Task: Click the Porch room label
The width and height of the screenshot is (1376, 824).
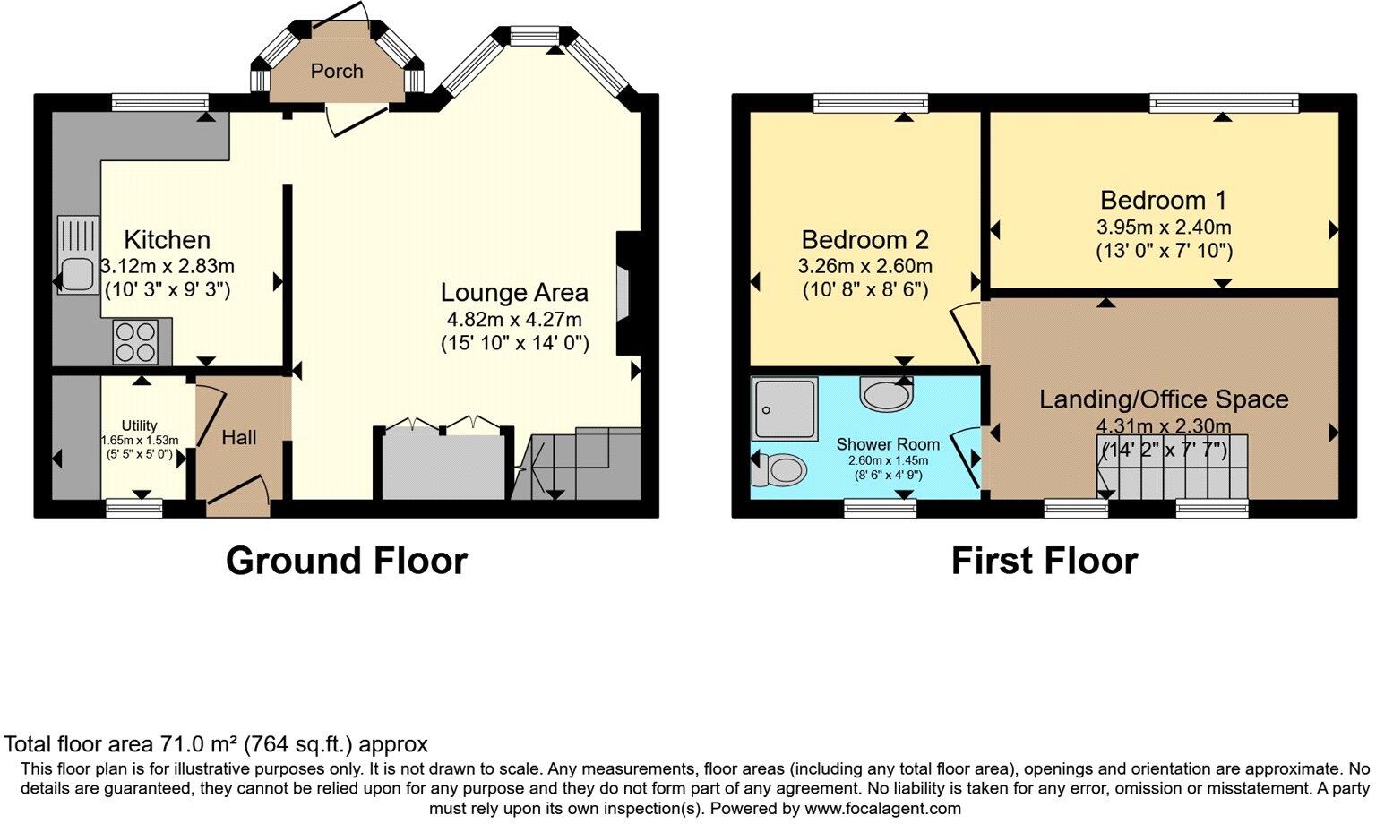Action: (x=337, y=71)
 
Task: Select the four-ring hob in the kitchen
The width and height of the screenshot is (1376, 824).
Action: (x=135, y=341)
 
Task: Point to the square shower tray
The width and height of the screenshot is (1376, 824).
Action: (x=785, y=409)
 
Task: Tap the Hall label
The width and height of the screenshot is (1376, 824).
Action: (x=239, y=438)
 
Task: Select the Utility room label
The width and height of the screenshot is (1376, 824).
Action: (x=140, y=425)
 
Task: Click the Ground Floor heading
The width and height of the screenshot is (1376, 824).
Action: (x=347, y=561)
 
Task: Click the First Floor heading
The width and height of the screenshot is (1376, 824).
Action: (x=1044, y=561)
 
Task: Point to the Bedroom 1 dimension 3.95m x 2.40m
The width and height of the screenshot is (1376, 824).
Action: (x=1164, y=227)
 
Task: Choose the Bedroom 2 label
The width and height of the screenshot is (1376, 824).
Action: (x=864, y=240)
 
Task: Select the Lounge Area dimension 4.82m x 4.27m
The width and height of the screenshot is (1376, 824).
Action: (x=514, y=320)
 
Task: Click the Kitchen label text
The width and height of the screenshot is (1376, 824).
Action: (x=168, y=240)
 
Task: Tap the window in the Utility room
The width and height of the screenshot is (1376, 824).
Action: (x=134, y=508)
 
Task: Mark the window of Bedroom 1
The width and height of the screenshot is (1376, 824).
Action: (x=1224, y=104)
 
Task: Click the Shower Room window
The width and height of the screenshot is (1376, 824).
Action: (x=880, y=508)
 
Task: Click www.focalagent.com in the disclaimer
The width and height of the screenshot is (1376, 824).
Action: (x=882, y=809)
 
